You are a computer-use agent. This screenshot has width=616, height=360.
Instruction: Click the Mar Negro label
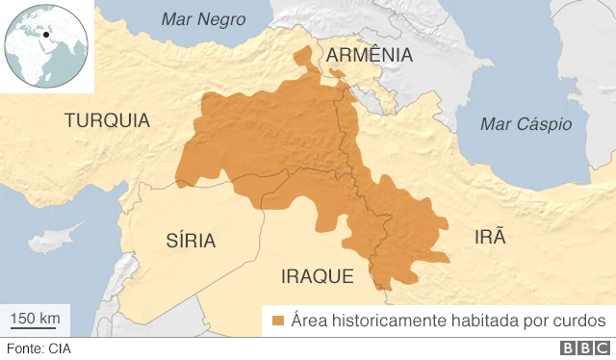[203, 19]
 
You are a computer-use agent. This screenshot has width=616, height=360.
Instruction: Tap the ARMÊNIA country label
[370, 56]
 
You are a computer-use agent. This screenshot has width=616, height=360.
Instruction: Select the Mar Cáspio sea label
[526, 124]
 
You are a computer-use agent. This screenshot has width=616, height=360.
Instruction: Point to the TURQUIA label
[107, 120]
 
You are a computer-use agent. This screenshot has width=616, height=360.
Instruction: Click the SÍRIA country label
[191, 240]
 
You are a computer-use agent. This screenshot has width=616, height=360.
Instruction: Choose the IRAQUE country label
[318, 276]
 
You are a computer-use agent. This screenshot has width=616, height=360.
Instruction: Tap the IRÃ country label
[489, 238]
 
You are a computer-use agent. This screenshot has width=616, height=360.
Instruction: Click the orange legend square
[278, 321]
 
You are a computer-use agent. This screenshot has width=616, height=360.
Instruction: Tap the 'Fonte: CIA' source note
[38, 349]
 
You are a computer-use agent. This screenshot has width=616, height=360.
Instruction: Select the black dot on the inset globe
[46, 38]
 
